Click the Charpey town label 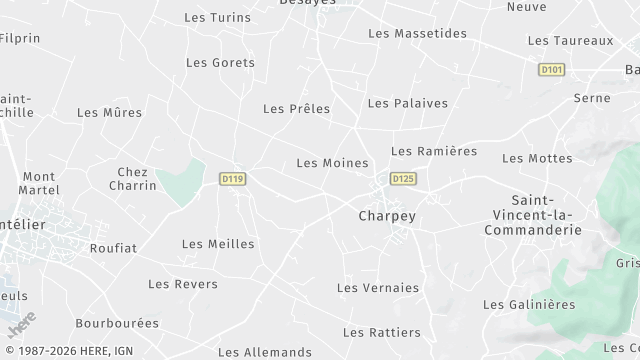[x=386, y=215]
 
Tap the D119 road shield [x=233, y=179]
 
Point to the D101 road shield [x=551, y=70]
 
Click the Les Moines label [x=332, y=163]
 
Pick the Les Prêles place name [x=296, y=109]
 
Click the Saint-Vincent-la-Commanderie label [x=532, y=215]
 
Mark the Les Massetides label [x=417, y=34]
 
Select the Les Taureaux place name [x=569, y=41]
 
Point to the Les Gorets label [x=220, y=62]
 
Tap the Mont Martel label [x=39, y=184]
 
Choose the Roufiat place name [x=113, y=248]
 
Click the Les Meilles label [x=218, y=244]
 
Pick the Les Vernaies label [x=378, y=288]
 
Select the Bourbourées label [x=117, y=324]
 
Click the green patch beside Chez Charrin [x=179, y=181]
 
